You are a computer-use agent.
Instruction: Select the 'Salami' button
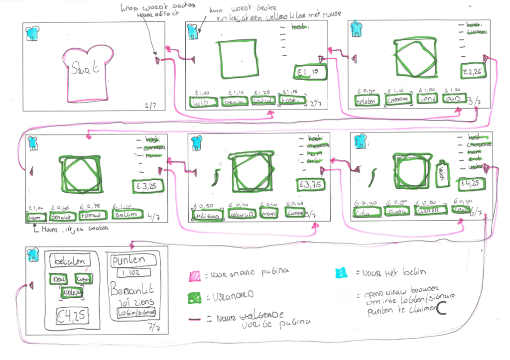(x=127, y=216)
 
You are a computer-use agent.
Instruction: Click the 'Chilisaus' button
(x=205, y=215)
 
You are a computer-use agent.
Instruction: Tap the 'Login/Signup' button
(x=136, y=313)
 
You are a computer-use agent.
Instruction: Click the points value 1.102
(x=131, y=273)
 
